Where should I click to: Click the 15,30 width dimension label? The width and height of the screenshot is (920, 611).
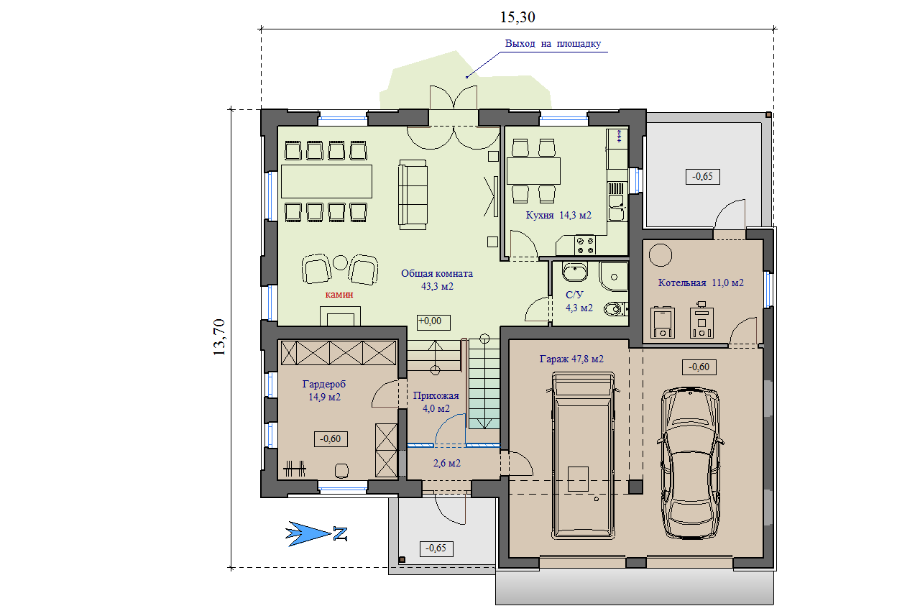[517, 17]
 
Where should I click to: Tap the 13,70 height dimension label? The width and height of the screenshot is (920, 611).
[219, 337]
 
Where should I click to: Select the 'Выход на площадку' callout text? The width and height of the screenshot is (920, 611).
[553, 44]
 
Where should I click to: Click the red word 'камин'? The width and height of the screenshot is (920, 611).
[339, 295]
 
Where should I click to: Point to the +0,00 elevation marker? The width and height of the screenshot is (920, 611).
[433, 322]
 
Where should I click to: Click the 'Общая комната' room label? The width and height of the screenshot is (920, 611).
[436, 273]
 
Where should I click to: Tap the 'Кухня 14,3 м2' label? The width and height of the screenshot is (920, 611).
[558, 215]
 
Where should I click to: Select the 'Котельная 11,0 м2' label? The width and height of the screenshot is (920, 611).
[701, 283]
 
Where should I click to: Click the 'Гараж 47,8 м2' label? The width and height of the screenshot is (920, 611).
[571, 359]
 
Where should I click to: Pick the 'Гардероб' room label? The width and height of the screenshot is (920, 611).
[324, 385]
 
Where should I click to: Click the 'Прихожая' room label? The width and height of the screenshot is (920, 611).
[436, 396]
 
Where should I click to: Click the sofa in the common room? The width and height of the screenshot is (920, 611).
[413, 195]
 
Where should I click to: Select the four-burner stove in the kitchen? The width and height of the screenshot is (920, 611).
[585, 244]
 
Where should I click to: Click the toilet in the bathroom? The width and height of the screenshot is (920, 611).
[616, 309]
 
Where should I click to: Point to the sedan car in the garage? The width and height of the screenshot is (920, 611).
[691, 463]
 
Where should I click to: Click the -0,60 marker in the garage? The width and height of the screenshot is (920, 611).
[699, 367]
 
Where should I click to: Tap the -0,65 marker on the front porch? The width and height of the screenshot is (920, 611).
[436, 548]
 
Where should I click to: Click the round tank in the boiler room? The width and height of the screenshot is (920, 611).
[661, 255]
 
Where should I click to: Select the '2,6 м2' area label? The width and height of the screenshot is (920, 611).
[447, 464]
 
